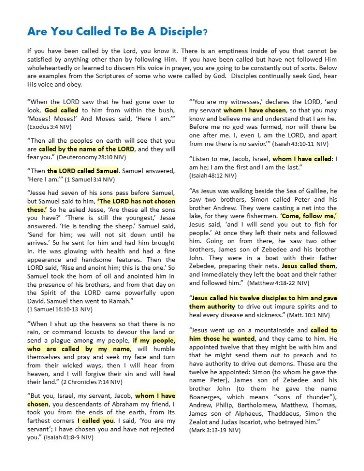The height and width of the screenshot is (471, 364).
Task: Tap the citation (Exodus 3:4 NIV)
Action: [51, 126]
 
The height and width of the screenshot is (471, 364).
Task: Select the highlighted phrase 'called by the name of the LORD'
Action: [87, 149]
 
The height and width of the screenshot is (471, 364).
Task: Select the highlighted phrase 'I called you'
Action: [96, 421]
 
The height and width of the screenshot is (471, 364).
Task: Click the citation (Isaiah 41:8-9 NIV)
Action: [69, 437]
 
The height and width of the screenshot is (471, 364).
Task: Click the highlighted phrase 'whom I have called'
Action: [302, 159]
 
